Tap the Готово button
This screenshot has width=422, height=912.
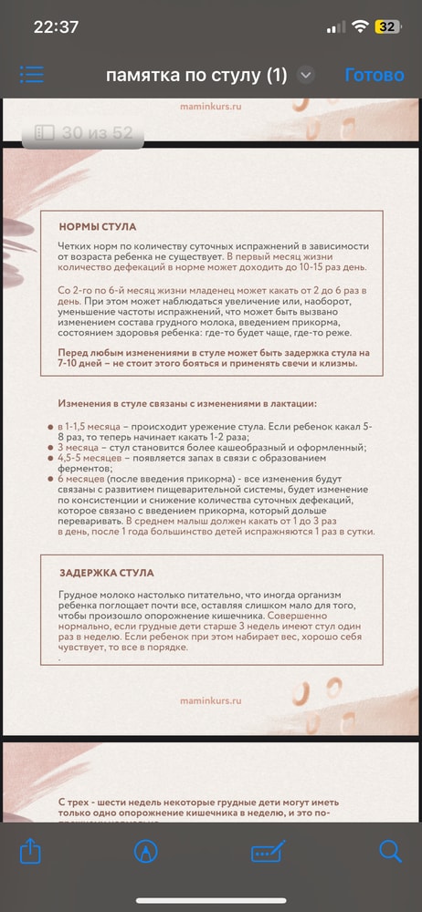(x=375, y=75)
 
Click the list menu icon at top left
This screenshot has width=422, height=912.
(x=32, y=75)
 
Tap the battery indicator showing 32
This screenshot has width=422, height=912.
(x=386, y=26)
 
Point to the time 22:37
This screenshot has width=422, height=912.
(x=56, y=26)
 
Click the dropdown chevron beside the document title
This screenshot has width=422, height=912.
(x=306, y=76)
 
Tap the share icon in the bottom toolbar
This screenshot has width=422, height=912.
(x=30, y=852)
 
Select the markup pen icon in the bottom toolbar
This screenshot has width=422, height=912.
(x=144, y=852)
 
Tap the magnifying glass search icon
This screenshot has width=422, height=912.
(x=390, y=852)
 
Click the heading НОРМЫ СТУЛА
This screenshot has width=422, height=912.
(x=98, y=227)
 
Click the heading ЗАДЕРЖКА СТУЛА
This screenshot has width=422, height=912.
(x=106, y=573)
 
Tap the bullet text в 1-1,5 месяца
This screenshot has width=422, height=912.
(x=89, y=427)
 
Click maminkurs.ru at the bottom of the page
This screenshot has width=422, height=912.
(x=211, y=701)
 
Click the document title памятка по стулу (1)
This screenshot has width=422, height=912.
(x=196, y=75)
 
